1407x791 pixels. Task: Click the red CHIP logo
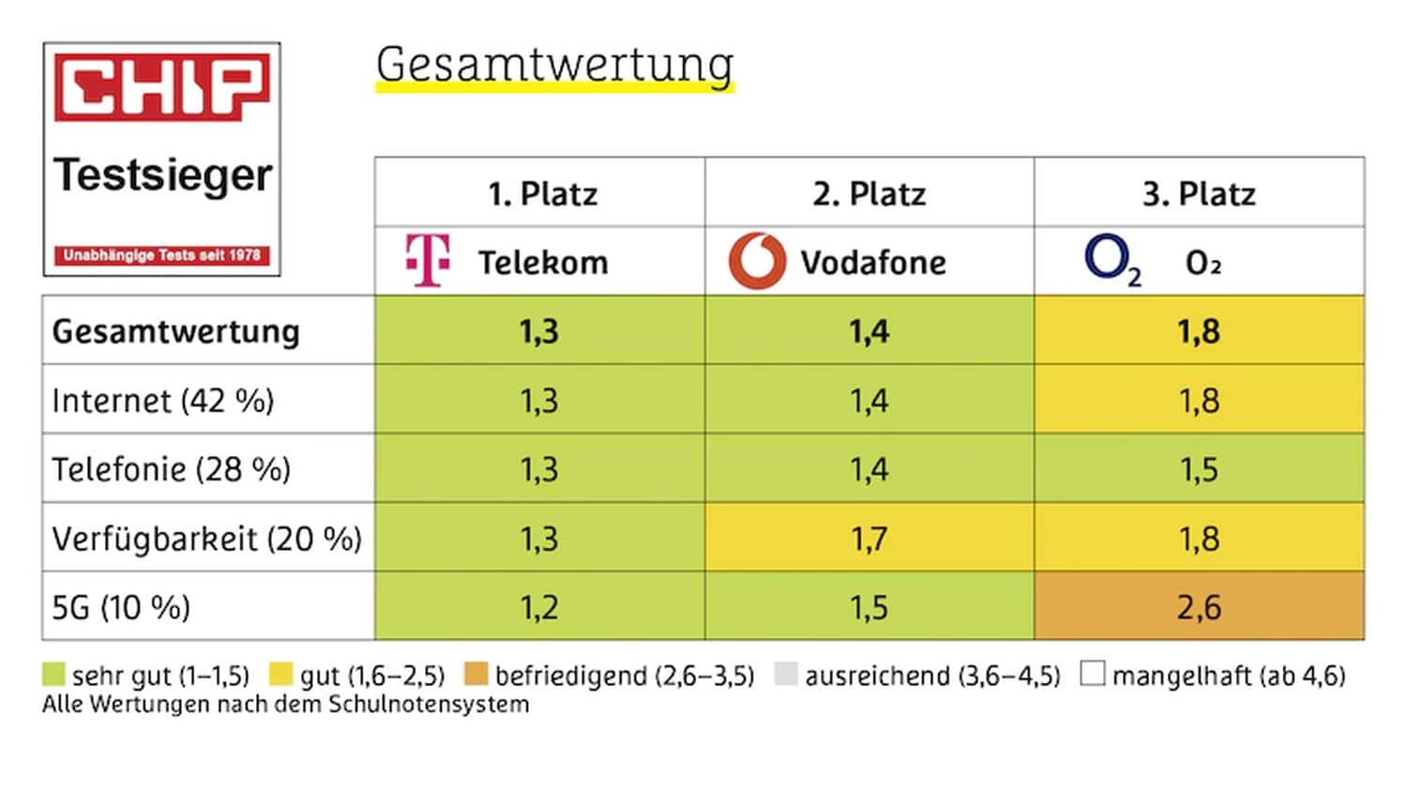point(161,87)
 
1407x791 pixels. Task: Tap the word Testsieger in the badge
point(163,175)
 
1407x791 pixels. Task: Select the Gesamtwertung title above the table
point(554,66)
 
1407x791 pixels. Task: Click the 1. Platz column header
point(542,193)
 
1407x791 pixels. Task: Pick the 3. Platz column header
point(1199,193)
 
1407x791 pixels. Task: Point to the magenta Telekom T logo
point(428,260)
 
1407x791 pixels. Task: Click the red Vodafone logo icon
point(757,261)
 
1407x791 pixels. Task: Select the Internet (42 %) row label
point(163,401)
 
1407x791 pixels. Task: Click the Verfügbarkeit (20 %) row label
point(206,539)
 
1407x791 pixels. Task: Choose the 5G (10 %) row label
point(121,607)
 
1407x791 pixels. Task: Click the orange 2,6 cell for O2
point(1199,607)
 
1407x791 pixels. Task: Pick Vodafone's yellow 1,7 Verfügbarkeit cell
point(869,539)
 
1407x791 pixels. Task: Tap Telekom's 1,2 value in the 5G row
point(539,607)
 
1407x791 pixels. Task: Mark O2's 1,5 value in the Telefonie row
point(1199,469)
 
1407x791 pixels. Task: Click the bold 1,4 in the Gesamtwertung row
point(869,331)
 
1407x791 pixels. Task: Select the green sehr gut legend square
point(53,675)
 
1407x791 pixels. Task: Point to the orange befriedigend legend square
point(477,675)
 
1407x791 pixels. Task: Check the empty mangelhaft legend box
point(1092,674)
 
